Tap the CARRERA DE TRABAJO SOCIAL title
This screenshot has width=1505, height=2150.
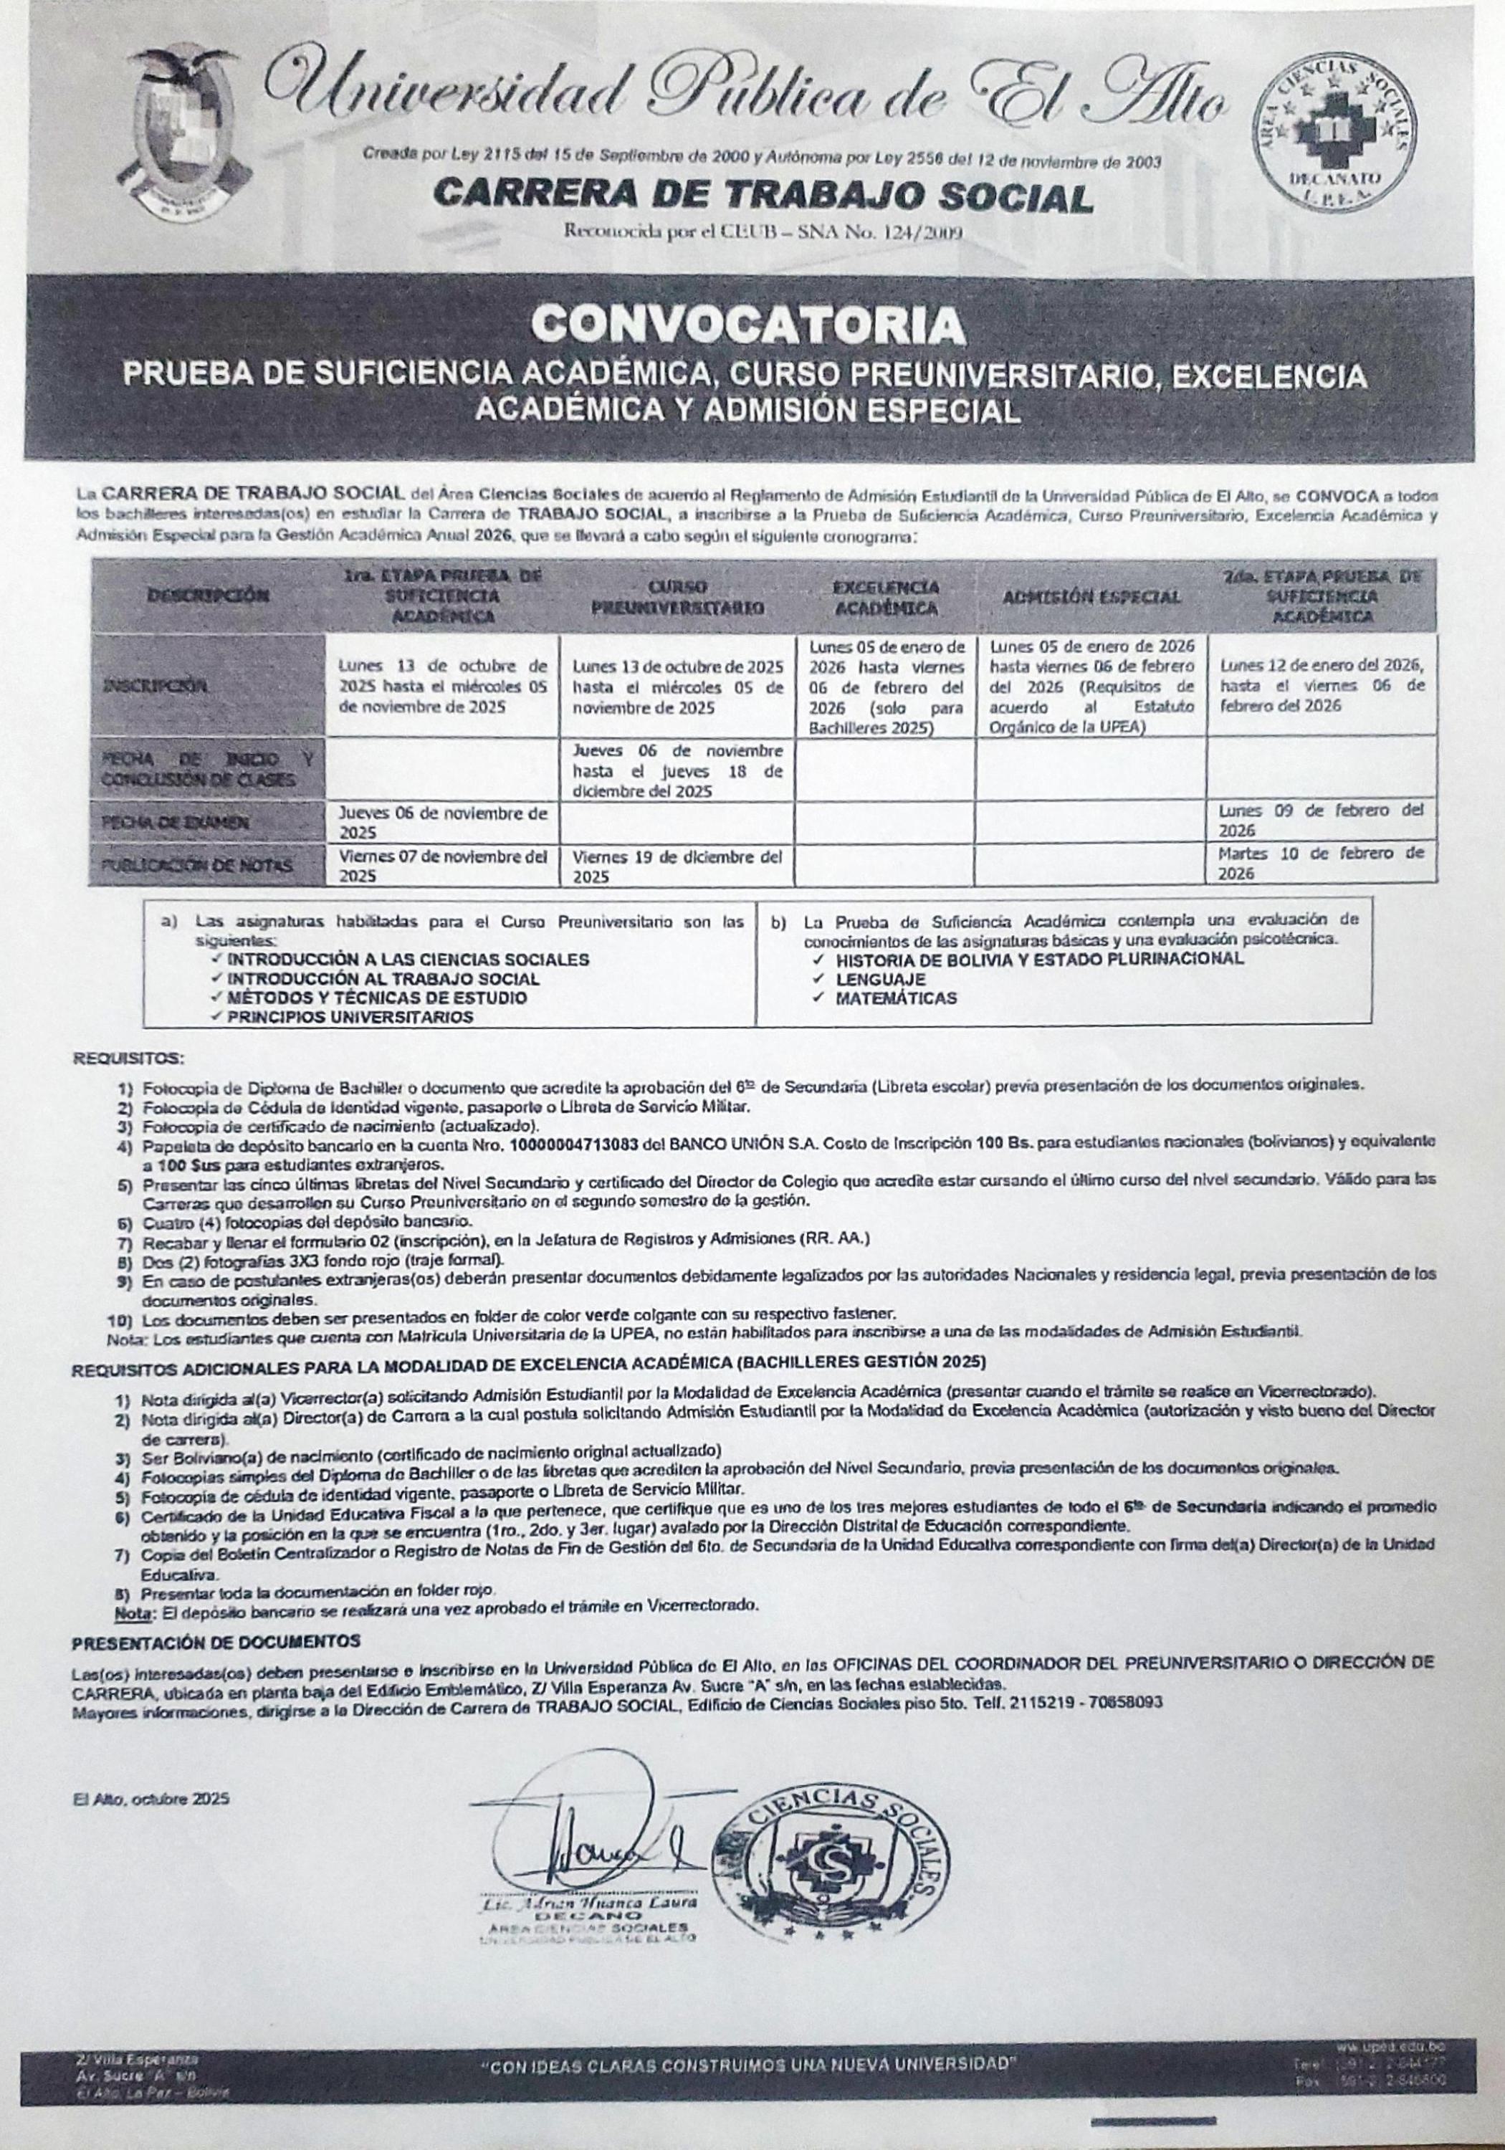763,196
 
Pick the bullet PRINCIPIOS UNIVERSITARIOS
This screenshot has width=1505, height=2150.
350,1016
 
